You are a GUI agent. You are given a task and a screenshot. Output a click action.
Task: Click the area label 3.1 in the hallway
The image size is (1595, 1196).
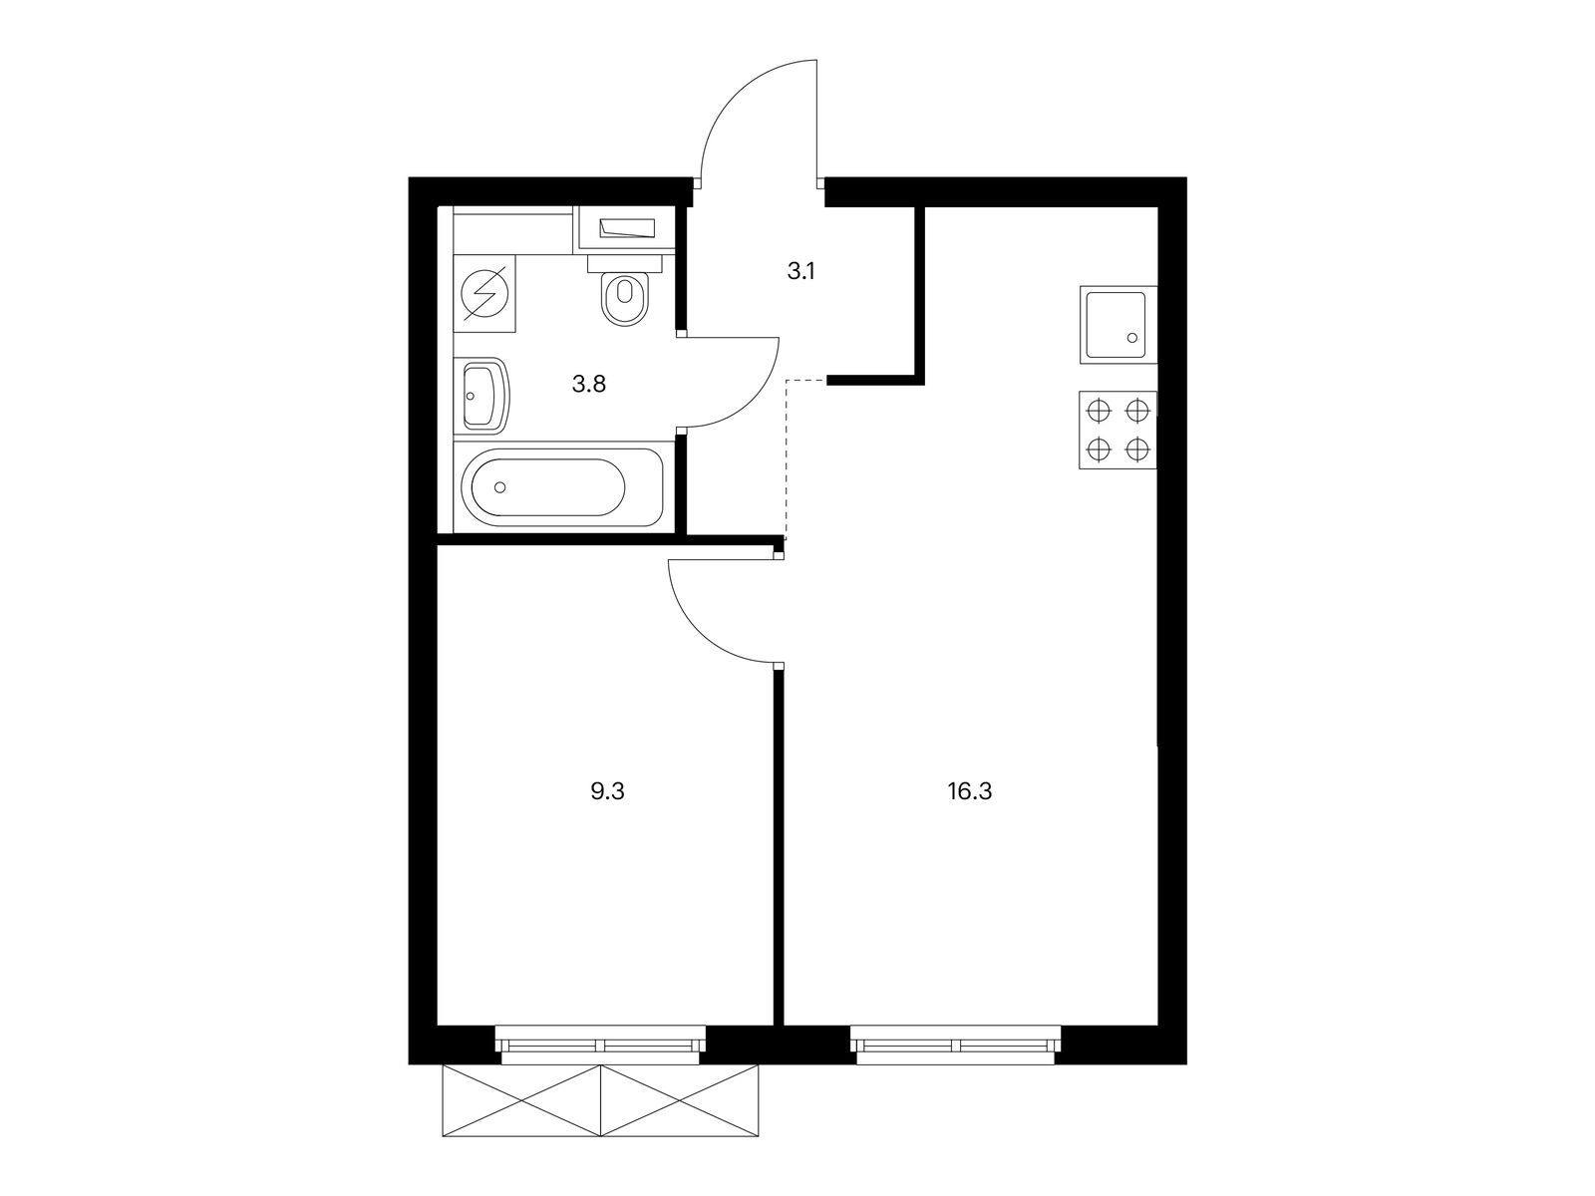[x=801, y=270]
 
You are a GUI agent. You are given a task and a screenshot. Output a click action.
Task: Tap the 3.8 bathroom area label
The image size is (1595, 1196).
[x=588, y=384]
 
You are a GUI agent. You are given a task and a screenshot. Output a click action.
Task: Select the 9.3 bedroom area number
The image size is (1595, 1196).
[x=607, y=792]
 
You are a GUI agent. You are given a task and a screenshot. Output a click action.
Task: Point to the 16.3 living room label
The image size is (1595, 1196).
[x=971, y=792]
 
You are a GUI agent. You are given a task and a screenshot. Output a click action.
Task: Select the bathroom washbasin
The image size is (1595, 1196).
[x=484, y=395]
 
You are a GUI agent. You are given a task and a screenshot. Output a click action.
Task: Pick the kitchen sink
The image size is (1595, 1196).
[x=1117, y=324]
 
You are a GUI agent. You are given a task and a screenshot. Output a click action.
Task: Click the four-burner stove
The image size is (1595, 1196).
[x=1117, y=430]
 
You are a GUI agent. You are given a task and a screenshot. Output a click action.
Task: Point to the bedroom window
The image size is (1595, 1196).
[x=600, y=1045]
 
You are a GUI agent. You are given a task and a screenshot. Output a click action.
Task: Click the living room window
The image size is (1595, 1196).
[x=956, y=1045]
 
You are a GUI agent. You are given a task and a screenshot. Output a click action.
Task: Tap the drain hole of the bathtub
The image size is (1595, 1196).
[x=500, y=487]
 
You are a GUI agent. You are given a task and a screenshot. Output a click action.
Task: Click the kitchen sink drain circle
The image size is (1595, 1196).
[x=1132, y=338]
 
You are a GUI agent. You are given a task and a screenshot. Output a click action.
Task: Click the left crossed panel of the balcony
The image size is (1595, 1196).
[x=521, y=1100]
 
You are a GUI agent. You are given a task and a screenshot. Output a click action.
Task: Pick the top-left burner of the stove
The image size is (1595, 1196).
[x=1099, y=411]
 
